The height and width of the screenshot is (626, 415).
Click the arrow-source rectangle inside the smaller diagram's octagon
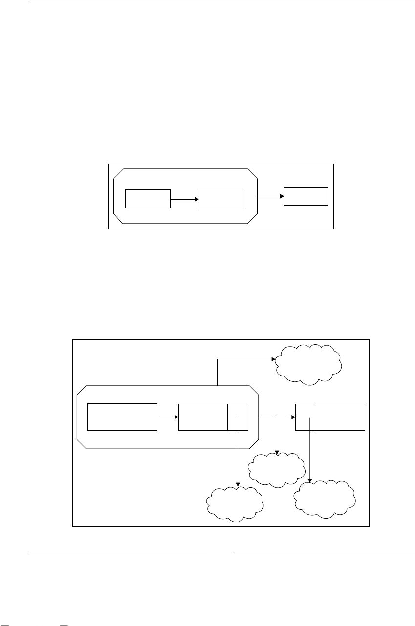tap(148, 199)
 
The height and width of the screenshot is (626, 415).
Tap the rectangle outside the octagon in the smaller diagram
tap(306, 196)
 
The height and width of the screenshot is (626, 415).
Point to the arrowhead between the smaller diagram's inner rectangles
tap(197, 199)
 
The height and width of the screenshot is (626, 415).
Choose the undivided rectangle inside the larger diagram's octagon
tap(122, 417)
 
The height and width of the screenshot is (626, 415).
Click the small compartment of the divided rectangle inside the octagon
tap(238, 417)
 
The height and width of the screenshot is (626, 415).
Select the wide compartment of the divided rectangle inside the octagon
tap(203, 417)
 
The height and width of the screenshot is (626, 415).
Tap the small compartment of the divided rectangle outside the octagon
tap(306, 417)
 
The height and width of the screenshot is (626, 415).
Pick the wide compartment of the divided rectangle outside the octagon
tap(340, 417)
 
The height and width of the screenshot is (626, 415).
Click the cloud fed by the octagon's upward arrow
tap(307, 364)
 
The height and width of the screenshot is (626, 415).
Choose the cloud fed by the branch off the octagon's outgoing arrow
tap(277, 469)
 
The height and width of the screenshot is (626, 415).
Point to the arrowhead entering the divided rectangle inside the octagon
tap(176, 417)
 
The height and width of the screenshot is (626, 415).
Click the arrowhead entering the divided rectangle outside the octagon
tap(293, 417)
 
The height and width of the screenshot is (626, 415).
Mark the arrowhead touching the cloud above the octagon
tap(274, 359)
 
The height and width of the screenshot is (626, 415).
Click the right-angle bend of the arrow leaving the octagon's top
tap(217, 359)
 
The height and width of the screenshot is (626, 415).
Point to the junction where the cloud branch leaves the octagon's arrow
tap(277, 417)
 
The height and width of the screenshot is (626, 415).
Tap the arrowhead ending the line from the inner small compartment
tap(238, 485)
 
